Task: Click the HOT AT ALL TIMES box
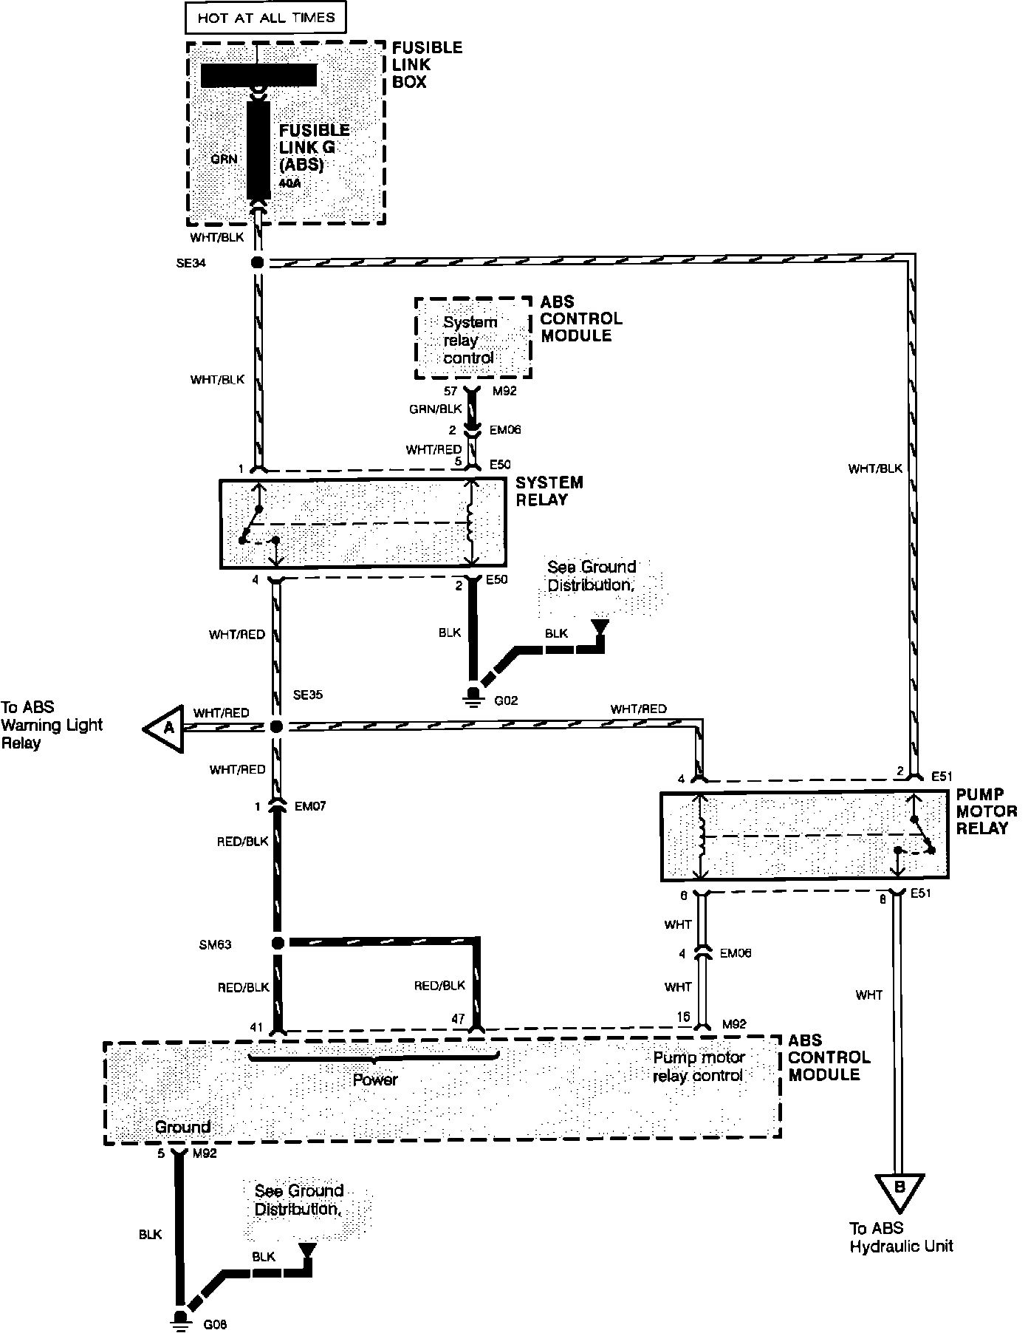265,18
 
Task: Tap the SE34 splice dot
258,262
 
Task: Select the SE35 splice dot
276,727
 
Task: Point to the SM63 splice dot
278,943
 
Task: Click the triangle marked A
165,728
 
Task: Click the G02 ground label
505,700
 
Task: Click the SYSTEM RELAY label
549,491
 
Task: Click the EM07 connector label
309,806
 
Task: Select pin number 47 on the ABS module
458,1019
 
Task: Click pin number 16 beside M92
683,1017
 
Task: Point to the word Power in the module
375,1080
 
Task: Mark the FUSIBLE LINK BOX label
427,64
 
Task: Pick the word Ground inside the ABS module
182,1127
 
